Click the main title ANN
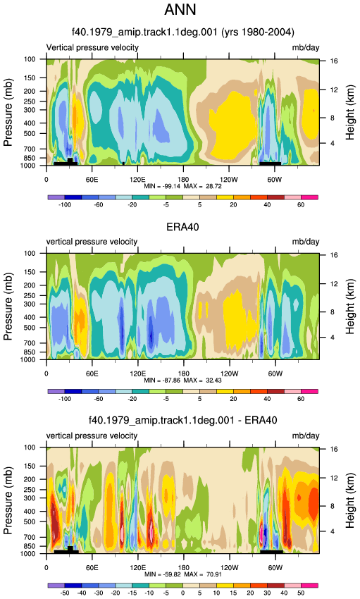coord(180,10)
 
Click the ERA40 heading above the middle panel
coord(183,227)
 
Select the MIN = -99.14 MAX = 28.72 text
coord(183,187)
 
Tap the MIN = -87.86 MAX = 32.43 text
coord(183,381)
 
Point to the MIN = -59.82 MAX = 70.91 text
coord(183,574)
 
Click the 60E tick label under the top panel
coord(92,180)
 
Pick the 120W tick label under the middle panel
coord(229,374)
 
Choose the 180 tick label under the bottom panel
coord(183,568)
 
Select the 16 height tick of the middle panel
coord(334,255)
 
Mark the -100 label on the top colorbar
coord(65,205)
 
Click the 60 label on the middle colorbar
coord(301,399)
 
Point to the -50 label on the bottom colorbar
coord(65,593)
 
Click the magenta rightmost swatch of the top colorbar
coord(309,197)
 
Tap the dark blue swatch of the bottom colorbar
coord(73,585)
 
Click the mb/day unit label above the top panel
coord(306,48)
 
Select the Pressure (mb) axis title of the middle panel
coord(8,307)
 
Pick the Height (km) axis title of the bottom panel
coord(350,500)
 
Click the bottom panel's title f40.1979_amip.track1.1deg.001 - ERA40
coord(183,420)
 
